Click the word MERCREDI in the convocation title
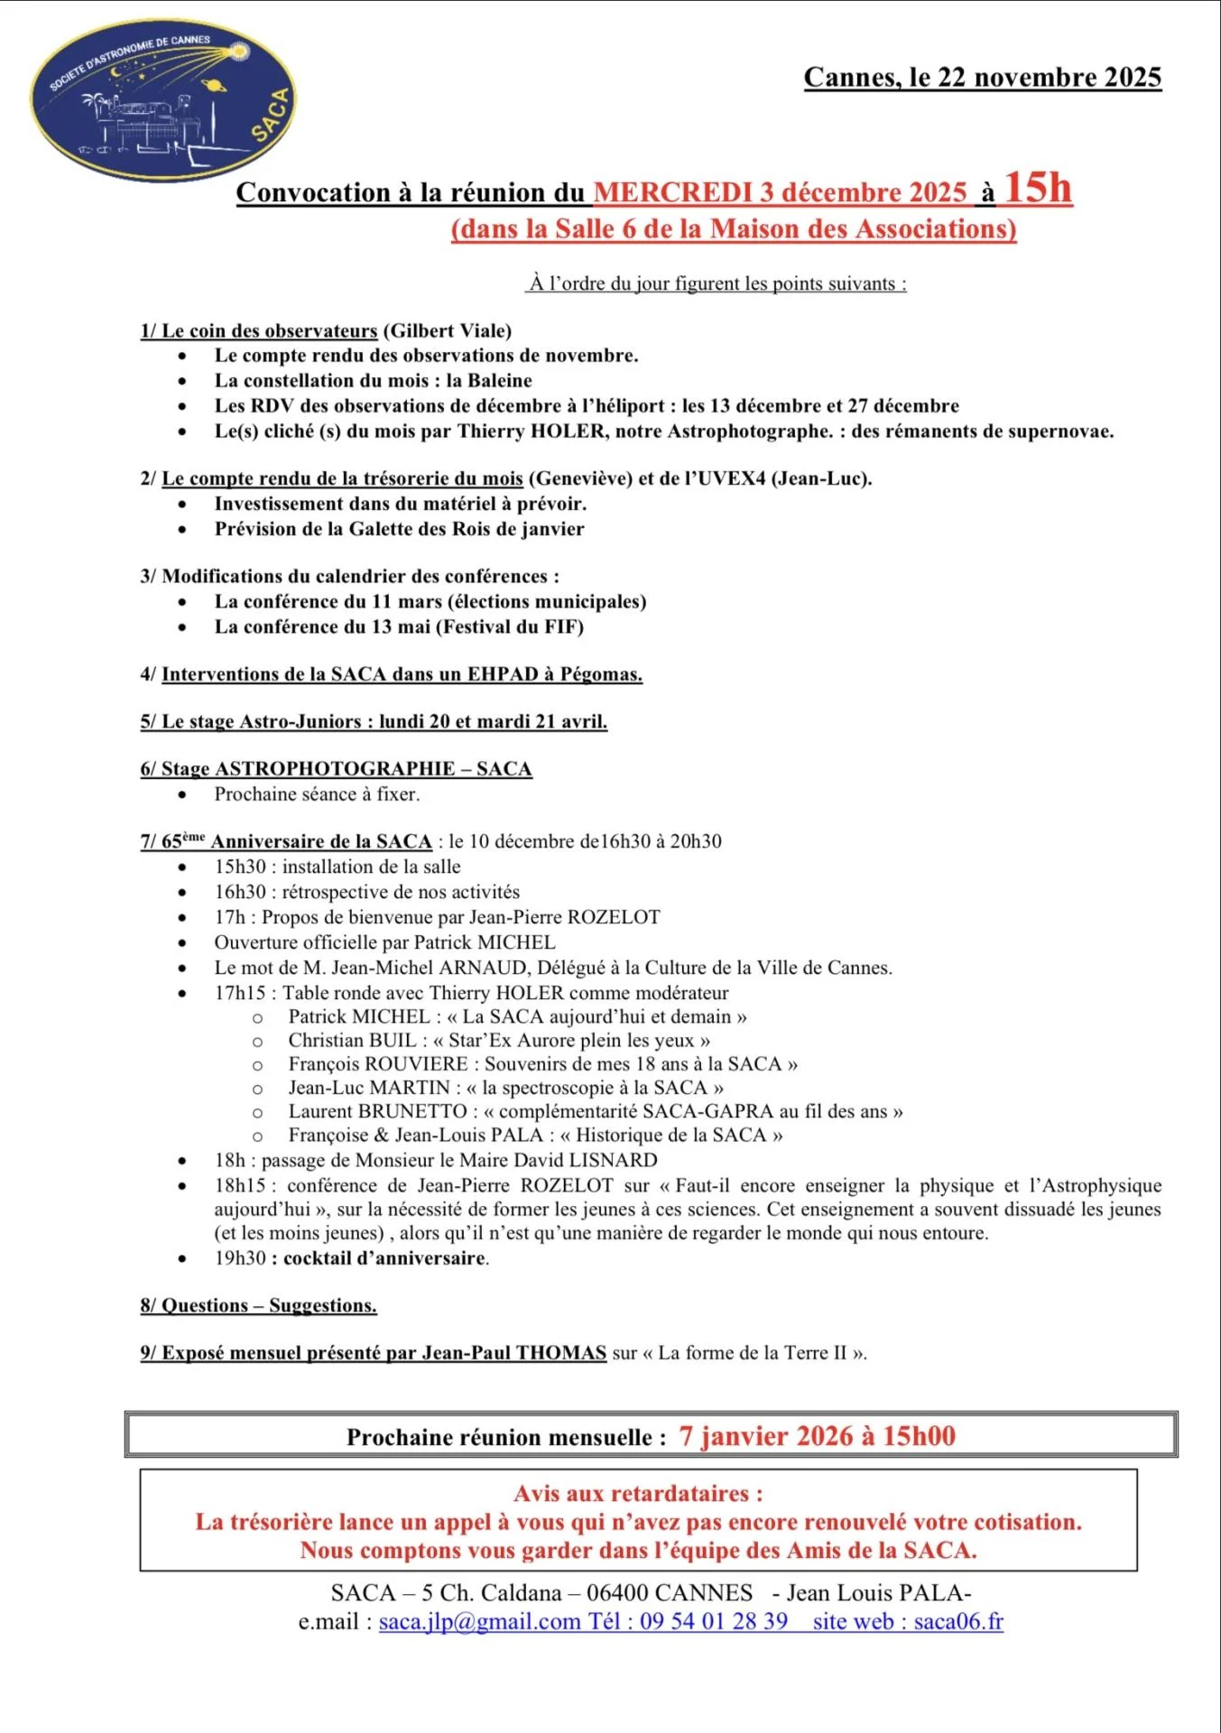(x=672, y=193)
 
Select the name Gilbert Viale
(x=448, y=331)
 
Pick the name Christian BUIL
(x=352, y=1041)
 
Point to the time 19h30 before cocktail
(x=240, y=1258)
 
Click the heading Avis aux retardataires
(x=638, y=1494)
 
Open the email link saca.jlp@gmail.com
(x=479, y=1622)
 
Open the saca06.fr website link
(x=958, y=1622)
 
